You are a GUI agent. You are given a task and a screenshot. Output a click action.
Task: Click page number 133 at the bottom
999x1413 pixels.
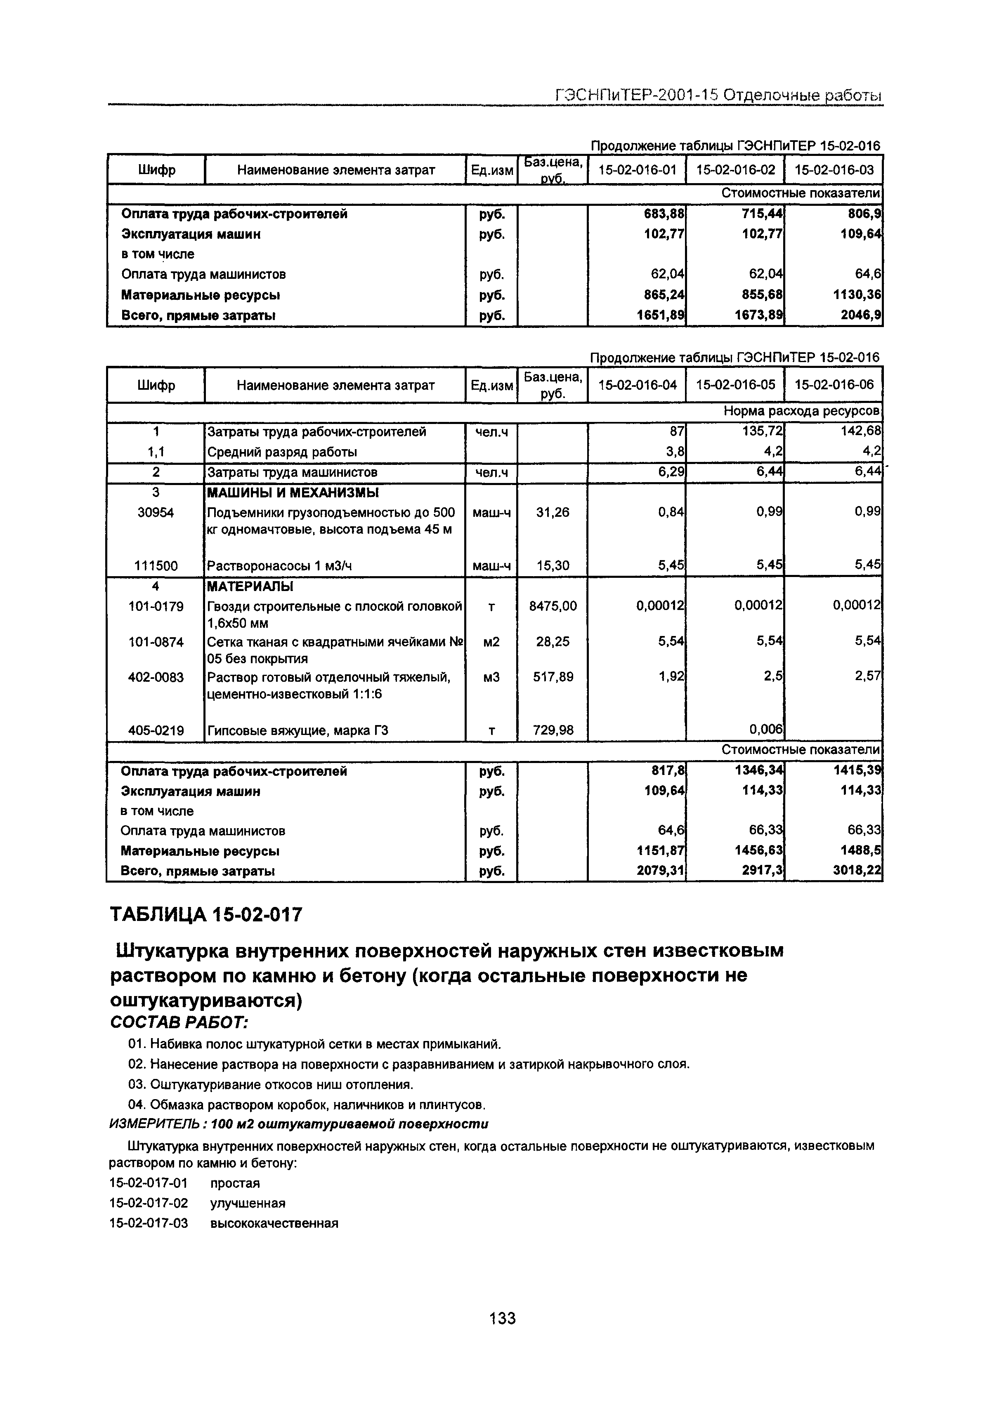pos(502,1318)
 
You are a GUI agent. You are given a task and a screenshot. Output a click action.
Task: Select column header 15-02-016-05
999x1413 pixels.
pos(735,385)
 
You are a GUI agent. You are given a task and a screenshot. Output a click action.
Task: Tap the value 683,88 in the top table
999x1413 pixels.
pos(664,214)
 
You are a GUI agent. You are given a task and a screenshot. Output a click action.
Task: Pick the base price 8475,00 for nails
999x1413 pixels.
pos(553,606)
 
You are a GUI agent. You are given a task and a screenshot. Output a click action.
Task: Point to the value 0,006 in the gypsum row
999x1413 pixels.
pos(765,730)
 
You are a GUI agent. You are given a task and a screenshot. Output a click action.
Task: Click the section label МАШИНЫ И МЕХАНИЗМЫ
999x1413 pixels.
pos(293,493)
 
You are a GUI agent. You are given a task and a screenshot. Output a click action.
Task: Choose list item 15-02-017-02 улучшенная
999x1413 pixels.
pos(197,1203)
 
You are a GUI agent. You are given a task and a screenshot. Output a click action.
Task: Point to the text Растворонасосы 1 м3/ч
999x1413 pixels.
pos(279,565)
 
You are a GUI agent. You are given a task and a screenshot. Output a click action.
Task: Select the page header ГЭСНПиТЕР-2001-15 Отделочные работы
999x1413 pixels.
pos(718,95)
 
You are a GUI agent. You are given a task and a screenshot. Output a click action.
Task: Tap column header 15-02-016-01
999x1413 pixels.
pos(637,170)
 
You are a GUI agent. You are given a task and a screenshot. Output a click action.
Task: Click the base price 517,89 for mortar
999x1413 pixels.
pos(553,677)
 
